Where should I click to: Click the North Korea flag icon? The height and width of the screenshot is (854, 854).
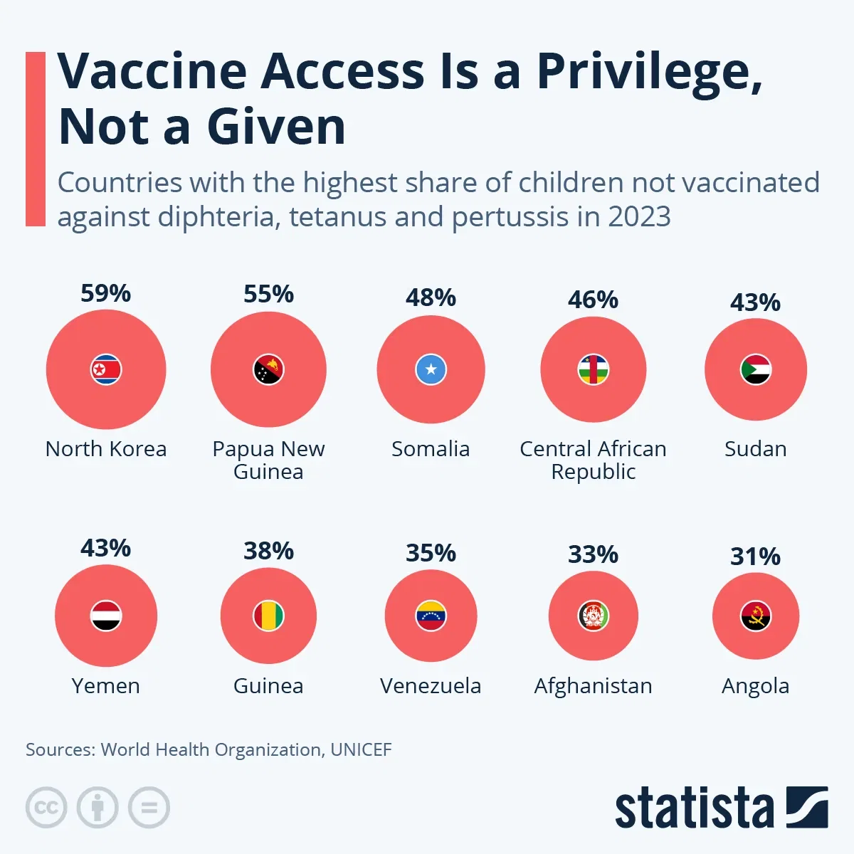tap(106, 369)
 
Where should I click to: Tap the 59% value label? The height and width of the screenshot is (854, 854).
tap(106, 293)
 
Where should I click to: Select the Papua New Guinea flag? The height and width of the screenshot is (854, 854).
tap(268, 369)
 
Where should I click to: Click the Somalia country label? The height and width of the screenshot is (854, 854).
tap(431, 449)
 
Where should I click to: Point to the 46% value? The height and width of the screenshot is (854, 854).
tap(593, 300)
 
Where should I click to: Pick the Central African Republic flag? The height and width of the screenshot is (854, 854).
tap(593, 369)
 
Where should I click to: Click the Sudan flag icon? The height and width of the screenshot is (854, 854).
tap(756, 369)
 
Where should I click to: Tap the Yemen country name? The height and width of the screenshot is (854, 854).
tap(106, 686)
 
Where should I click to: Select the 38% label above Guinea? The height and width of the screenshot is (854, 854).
tap(268, 551)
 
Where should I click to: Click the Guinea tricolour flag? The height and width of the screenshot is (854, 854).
tap(268, 616)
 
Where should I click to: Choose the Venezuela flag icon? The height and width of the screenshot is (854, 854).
tap(431, 616)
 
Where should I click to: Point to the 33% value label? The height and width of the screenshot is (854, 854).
tap(593, 554)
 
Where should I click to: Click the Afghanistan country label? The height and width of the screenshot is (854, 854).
tap(593, 686)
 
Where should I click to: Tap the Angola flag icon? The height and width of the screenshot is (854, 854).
tap(756, 616)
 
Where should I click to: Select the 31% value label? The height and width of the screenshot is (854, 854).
tap(756, 557)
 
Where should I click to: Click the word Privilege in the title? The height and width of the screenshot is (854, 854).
tap(648, 73)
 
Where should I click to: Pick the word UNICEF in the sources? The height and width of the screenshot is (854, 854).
tap(361, 749)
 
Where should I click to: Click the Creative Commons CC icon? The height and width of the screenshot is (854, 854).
tap(46, 808)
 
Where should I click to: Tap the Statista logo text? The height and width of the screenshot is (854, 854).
tap(694, 809)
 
